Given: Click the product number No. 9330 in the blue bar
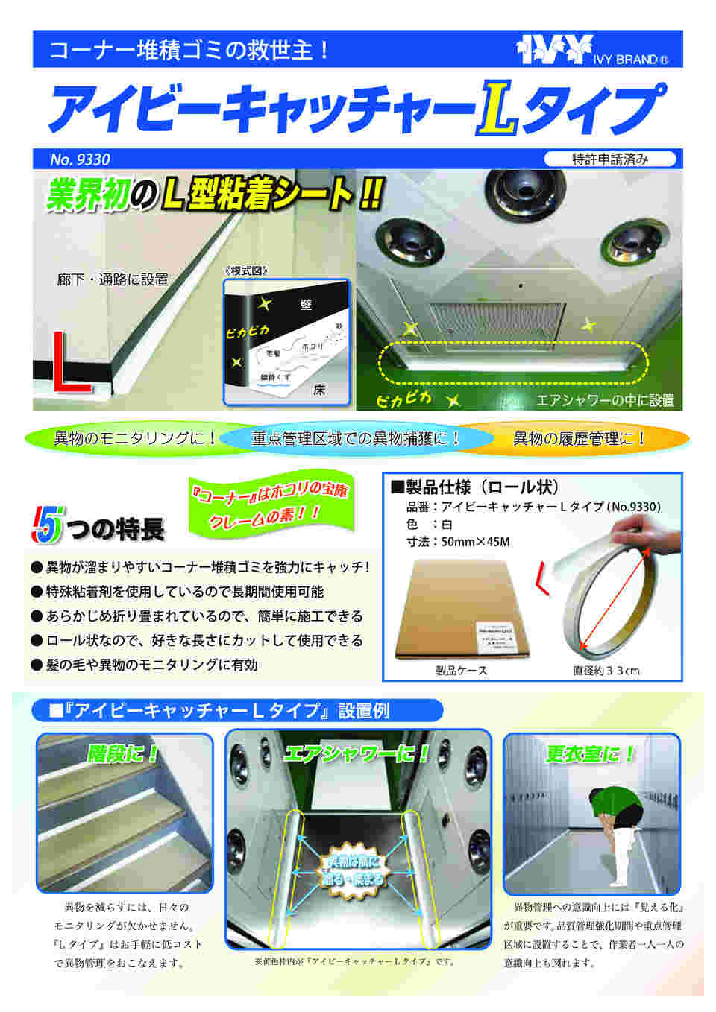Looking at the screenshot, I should [x=80, y=159].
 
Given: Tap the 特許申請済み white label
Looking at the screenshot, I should [x=609, y=159].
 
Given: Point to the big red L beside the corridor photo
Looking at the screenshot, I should [x=69, y=363].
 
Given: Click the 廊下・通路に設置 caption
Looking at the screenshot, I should [x=113, y=279].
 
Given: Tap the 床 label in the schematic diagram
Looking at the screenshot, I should [x=319, y=390].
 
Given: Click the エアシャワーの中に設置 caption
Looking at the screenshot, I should [x=604, y=401].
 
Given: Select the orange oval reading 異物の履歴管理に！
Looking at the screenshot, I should [x=579, y=438].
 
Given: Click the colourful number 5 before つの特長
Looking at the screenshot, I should [x=47, y=526].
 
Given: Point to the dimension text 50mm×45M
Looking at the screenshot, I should [x=475, y=542].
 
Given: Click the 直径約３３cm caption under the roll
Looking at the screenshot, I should [x=606, y=671].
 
